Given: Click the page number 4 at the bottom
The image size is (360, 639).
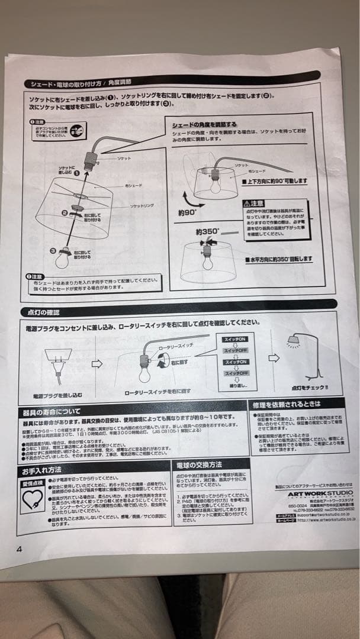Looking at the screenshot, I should pyautogui.click(x=20, y=549).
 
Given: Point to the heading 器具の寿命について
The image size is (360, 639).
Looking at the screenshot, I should pyautogui.click(x=52, y=411).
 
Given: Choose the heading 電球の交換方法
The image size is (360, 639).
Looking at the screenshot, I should pyautogui.click(x=199, y=464).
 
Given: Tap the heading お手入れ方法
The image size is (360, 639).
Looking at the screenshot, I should pyautogui.click(x=43, y=472).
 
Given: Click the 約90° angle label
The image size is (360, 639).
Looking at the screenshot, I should pyautogui.click(x=188, y=212).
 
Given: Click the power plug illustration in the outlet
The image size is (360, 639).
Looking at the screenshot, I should pyautogui.click(x=58, y=364).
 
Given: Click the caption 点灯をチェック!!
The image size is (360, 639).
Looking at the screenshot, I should pyautogui.click(x=310, y=388).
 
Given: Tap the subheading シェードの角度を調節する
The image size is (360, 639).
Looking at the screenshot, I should pyautogui.click(x=204, y=125).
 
